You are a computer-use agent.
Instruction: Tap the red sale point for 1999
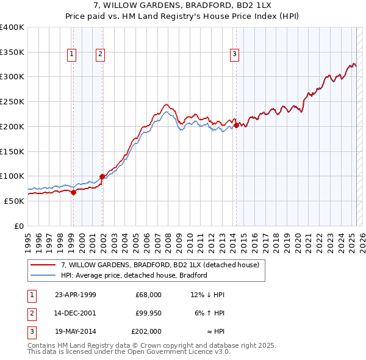coord(73,192)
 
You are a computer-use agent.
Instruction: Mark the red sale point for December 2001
coord(102,176)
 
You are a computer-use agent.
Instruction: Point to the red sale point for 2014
coord(236,126)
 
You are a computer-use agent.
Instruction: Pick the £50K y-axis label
coord(15,201)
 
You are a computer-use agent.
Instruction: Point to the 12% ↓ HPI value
coord(207,295)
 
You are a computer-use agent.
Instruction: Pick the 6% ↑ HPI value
coord(209,313)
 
